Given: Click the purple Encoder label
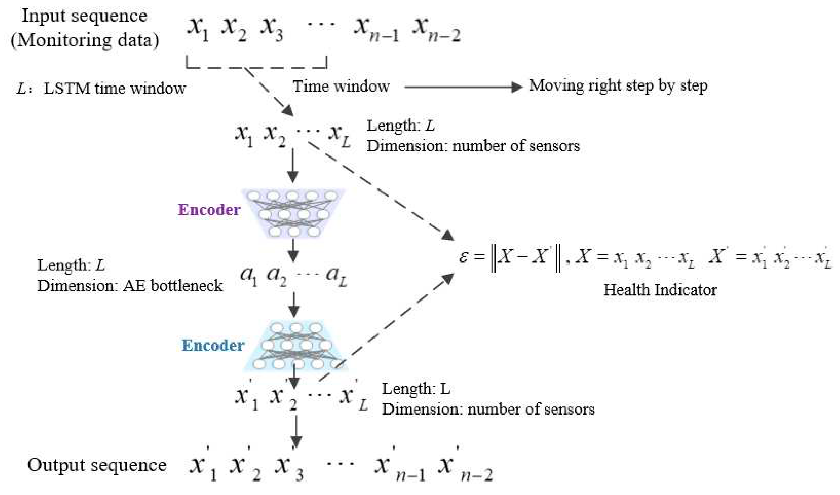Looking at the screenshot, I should [209, 210].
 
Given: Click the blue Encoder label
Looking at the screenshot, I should [213, 345].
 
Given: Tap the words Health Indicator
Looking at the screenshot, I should [660, 289].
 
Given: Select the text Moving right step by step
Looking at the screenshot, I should [618, 86].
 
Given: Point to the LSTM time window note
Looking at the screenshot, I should [102, 88].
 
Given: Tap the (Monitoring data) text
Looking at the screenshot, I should [84, 40].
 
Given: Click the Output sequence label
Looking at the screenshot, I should [97, 465].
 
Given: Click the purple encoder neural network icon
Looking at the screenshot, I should [293, 213].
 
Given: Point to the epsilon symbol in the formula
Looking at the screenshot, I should [463, 257].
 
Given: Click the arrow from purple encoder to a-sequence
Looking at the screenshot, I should [293, 250].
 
